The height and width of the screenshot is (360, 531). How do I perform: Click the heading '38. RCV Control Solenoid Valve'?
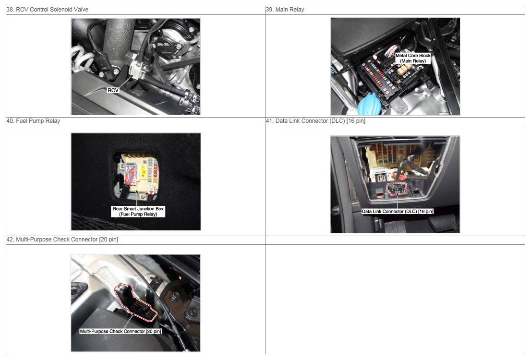tap(48, 10)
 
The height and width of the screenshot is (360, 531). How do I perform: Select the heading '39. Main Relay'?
tap(285, 10)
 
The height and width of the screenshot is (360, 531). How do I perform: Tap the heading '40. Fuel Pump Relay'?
tap(33, 121)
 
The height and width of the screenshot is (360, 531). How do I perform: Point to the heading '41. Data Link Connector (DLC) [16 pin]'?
tap(315, 121)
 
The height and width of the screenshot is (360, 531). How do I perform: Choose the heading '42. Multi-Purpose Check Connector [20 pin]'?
tap(62, 240)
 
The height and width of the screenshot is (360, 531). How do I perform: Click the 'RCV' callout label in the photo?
tap(113, 90)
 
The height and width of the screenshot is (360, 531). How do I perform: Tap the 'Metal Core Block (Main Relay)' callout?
tap(413, 58)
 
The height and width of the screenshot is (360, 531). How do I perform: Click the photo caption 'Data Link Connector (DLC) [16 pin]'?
tap(398, 211)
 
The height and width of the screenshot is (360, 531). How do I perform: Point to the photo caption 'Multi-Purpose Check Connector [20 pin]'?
tap(121, 331)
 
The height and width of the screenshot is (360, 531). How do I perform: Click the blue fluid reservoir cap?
tap(369, 103)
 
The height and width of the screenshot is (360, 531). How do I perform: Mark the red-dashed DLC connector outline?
tap(397, 189)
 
